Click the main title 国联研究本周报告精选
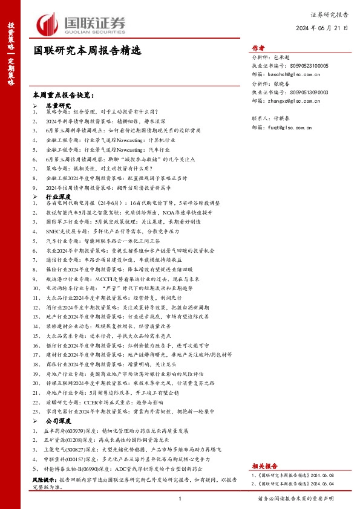pyautogui.click(x=86, y=52)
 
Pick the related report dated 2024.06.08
pyautogui.click(x=291, y=476)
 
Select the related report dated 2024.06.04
pyautogui.click(x=291, y=484)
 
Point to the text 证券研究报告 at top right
pyautogui.click(x=329, y=14)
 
